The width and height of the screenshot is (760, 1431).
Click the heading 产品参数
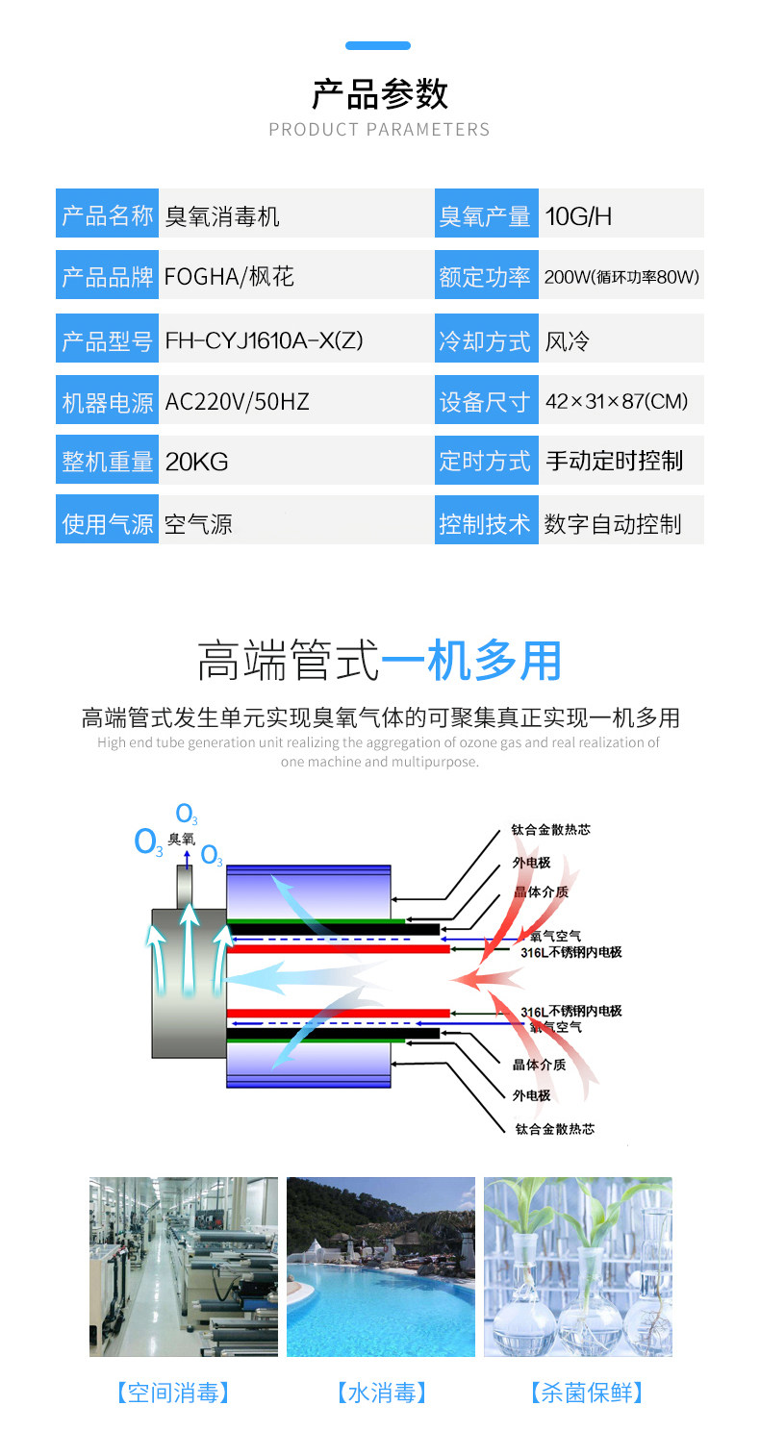(380, 94)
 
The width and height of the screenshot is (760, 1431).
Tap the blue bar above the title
(378, 45)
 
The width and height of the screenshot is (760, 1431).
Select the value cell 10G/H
(621, 215)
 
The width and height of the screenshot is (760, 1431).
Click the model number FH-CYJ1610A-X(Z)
(264, 340)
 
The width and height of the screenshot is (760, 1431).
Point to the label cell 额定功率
(486, 275)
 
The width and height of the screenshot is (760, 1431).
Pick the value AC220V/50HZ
(238, 402)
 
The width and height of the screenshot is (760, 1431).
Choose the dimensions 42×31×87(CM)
(617, 401)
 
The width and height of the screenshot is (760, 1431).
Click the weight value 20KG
(197, 462)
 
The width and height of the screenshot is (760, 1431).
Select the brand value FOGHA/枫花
(230, 277)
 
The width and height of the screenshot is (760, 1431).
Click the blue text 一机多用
(471, 661)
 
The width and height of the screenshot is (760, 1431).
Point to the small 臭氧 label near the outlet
(182, 839)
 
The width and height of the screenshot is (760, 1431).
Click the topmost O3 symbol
(186, 814)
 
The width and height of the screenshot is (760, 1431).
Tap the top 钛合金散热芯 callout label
(550, 830)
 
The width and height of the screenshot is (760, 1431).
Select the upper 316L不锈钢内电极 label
(570, 952)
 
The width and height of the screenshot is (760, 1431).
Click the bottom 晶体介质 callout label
(539, 1065)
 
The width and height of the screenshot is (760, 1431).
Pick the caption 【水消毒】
(381, 1392)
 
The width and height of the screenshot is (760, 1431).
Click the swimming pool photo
(381, 1267)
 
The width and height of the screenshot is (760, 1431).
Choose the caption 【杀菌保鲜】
(586, 1392)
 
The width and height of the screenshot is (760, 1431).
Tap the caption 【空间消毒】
(173, 1392)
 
